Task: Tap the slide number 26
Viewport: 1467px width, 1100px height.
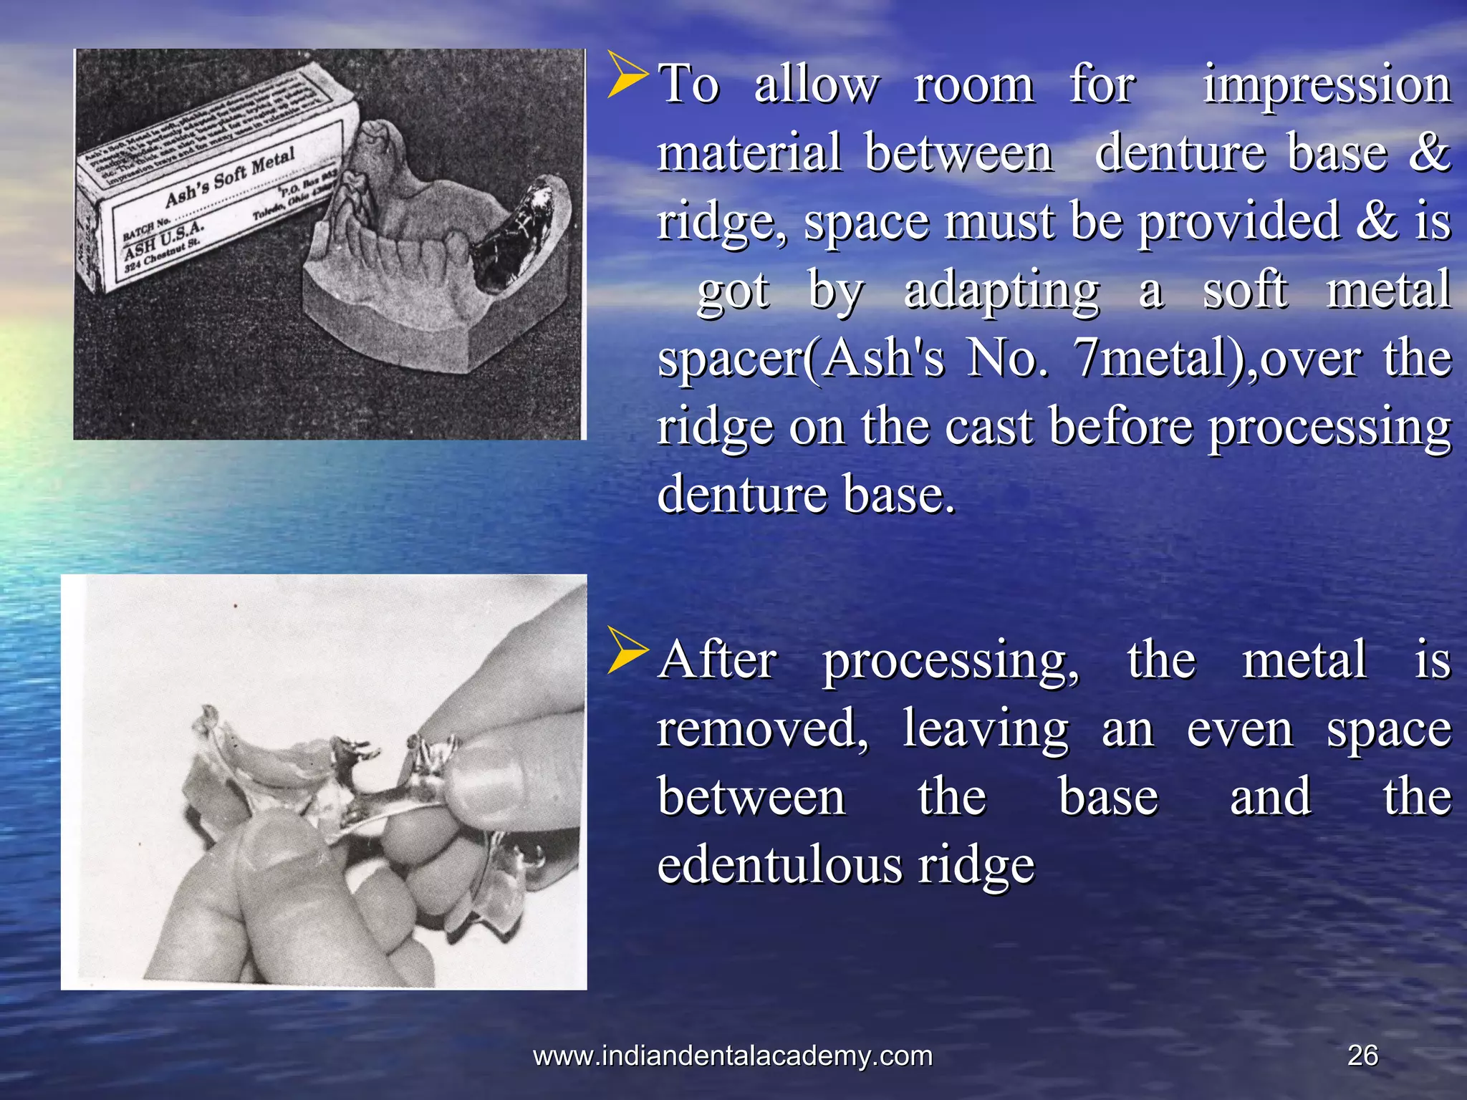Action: [x=1362, y=1055]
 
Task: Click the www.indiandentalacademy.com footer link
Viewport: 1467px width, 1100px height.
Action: [x=733, y=1056]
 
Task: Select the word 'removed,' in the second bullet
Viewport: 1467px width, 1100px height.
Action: [x=763, y=729]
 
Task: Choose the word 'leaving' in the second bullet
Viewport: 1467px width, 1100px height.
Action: [x=986, y=729]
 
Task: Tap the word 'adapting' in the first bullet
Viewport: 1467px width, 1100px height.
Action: [x=1001, y=291]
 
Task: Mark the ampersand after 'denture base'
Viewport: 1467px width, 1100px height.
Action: [x=1428, y=152]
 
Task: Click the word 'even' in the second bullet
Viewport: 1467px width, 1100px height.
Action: [x=1240, y=729]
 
